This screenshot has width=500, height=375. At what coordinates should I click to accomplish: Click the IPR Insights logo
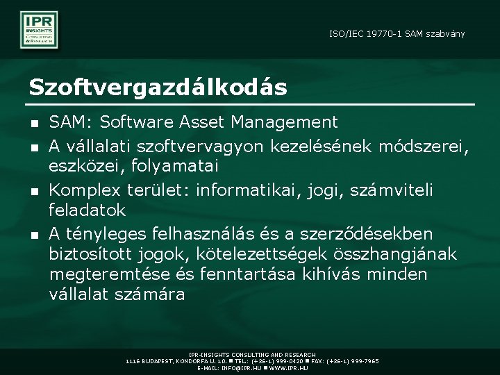tap(39, 29)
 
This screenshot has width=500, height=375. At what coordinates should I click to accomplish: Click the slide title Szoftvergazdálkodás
tap(158, 87)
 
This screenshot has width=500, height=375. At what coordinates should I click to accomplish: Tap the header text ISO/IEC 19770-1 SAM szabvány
tap(397, 33)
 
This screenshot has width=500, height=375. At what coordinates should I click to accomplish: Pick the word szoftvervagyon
tap(187, 145)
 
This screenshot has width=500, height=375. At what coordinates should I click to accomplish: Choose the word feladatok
tap(87, 210)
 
